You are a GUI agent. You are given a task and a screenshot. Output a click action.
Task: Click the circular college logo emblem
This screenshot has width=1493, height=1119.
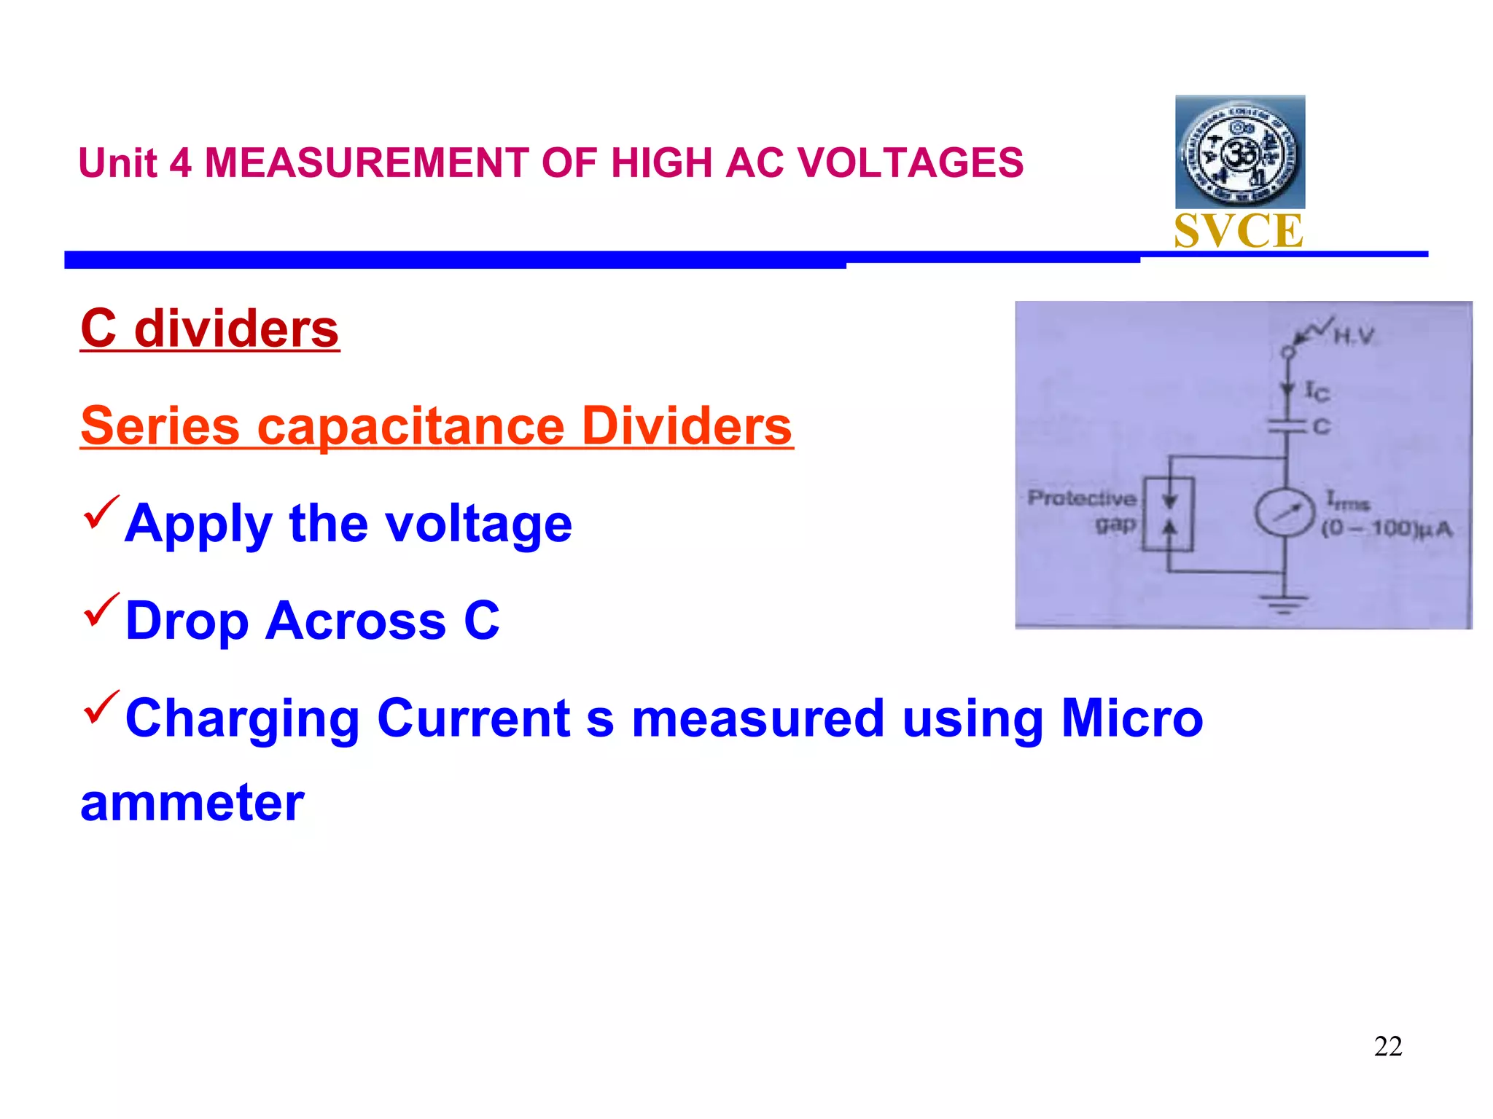pos(1239,152)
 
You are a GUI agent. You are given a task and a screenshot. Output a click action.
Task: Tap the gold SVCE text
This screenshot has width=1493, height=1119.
pos(1239,232)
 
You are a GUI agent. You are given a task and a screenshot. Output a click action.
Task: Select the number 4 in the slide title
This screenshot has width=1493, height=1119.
pos(180,163)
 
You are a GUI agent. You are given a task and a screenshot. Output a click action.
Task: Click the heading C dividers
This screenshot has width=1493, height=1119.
pos(210,329)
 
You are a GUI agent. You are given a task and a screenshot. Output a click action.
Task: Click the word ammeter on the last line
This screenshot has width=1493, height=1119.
pos(192,803)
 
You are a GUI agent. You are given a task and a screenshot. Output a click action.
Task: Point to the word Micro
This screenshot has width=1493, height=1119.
pos(1131,718)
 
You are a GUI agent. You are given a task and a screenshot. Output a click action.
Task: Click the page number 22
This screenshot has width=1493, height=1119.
pos(1387,1046)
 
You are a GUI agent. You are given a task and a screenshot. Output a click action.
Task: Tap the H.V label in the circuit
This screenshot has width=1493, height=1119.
pos(1354,337)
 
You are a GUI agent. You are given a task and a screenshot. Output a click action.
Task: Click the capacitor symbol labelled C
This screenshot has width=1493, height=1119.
pos(1287,426)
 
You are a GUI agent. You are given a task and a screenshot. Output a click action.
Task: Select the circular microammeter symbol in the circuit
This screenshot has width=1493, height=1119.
pos(1285,513)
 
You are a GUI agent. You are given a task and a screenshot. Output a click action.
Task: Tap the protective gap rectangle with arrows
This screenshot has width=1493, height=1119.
pos(1168,514)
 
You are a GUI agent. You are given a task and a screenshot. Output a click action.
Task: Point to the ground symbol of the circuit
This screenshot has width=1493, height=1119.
pos(1285,603)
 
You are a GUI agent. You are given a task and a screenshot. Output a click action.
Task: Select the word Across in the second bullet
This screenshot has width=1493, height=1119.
pos(355,621)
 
